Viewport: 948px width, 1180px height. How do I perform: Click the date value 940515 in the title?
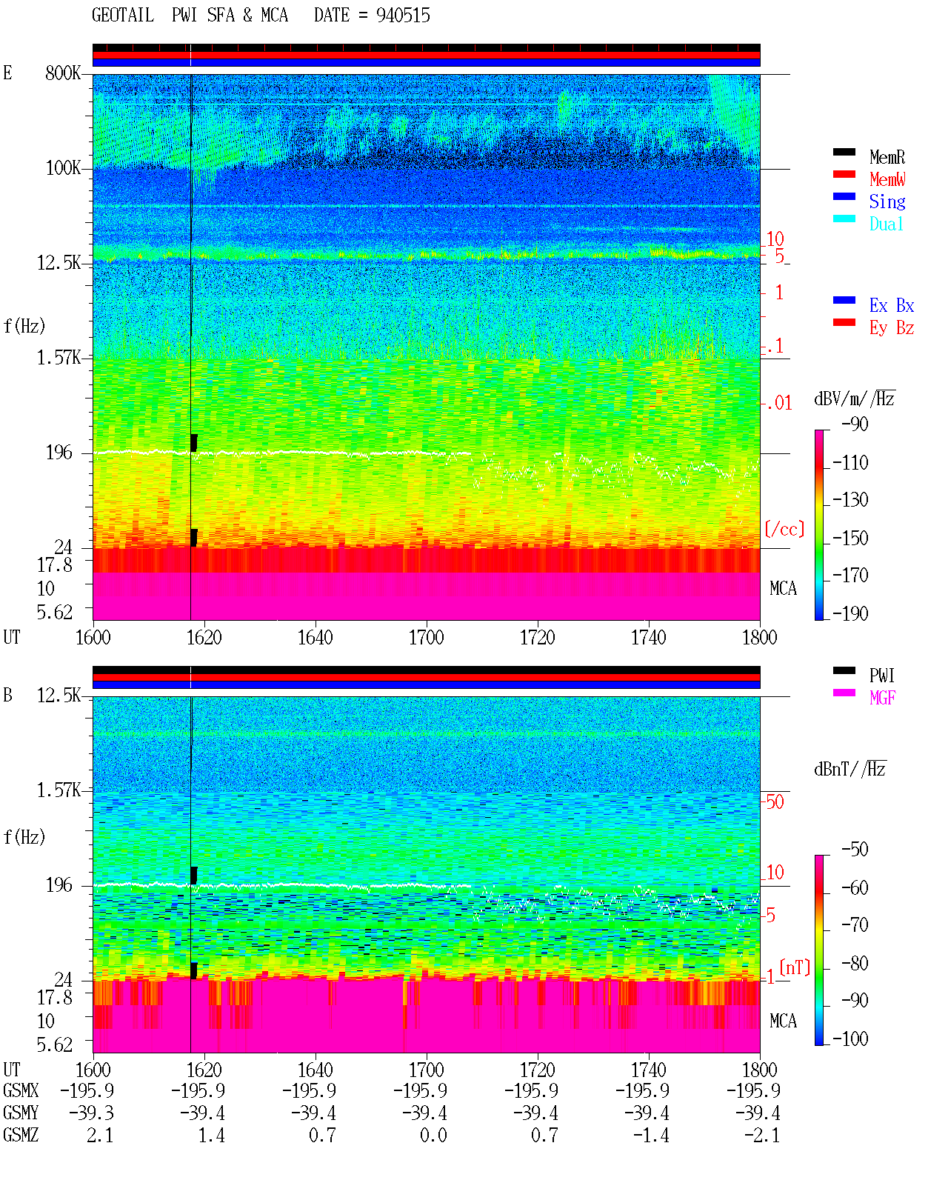pyautogui.click(x=403, y=16)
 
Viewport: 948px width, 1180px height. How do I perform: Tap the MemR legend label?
pyautogui.click(x=887, y=157)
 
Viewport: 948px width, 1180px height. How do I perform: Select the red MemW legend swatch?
pyautogui.click(x=844, y=174)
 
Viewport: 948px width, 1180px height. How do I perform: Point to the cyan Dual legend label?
pyautogui.click(x=887, y=224)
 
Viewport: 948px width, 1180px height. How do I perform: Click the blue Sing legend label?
pyautogui.click(x=887, y=201)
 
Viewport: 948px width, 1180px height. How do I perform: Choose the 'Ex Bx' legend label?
pyautogui.click(x=892, y=305)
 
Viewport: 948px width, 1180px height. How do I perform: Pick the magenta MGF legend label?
pyautogui.click(x=883, y=698)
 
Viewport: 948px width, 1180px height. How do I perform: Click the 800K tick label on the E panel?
pyautogui.click(x=63, y=73)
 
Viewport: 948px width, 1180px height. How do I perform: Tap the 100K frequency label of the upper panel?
pyautogui.click(x=63, y=168)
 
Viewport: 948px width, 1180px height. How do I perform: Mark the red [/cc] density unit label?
pyautogui.click(x=784, y=529)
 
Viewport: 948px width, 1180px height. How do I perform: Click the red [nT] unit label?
pyautogui.click(x=795, y=967)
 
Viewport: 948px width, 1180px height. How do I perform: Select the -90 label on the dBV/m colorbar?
pyautogui.click(x=855, y=424)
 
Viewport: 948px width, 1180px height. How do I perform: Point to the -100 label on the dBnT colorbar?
pyautogui.click(x=850, y=1039)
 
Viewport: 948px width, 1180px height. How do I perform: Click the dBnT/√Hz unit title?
pyautogui.click(x=850, y=770)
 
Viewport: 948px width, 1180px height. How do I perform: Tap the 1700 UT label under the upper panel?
pyautogui.click(x=426, y=638)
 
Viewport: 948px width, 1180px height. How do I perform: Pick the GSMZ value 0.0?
pyautogui.click(x=434, y=1135)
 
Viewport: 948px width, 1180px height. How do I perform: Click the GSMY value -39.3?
pyautogui.click(x=92, y=1113)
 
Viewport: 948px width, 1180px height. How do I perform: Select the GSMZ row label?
pyautogui.click(x=21, y=1135)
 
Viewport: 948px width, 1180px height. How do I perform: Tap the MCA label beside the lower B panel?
pyautogui.click(x=783, y=1021)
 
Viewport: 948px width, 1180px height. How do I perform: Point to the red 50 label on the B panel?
pyautogui.click(x=775, y=801)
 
